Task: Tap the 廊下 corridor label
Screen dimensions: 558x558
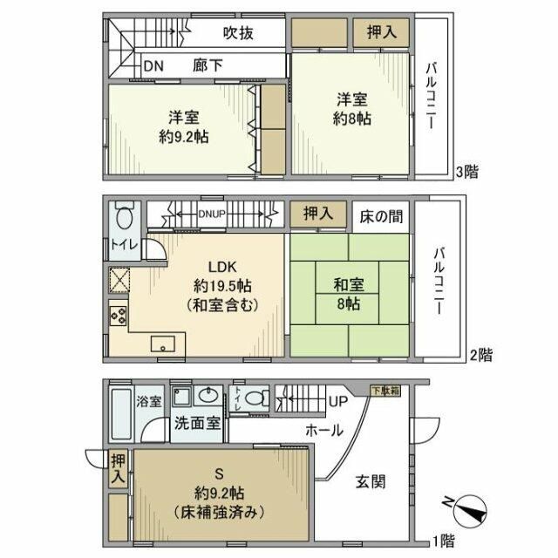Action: (210, 66)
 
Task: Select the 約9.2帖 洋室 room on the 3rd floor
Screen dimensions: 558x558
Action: (183, 127)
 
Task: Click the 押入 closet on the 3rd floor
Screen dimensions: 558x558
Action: (381, 32)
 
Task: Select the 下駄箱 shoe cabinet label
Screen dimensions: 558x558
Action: (384, 391)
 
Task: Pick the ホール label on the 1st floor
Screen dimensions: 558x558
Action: (323, 430)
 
